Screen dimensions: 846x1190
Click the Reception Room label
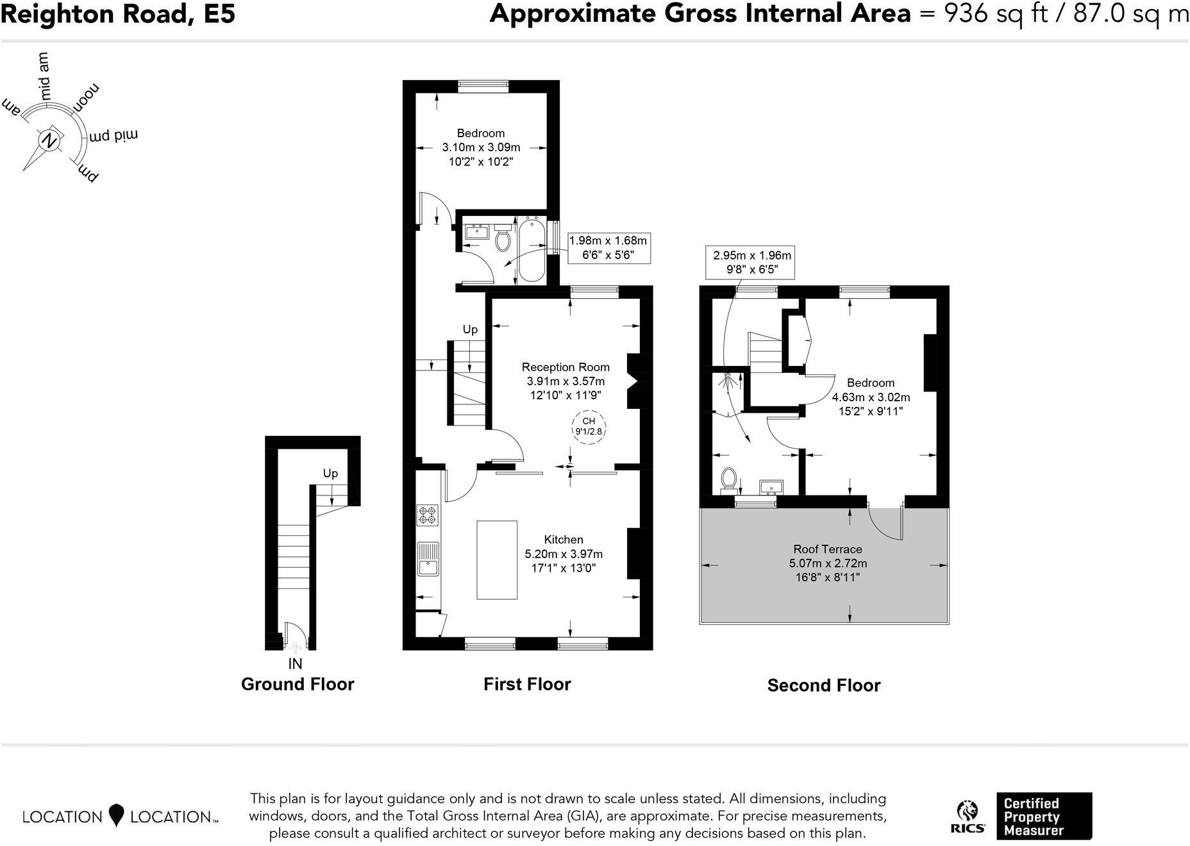click(x=565, y=367)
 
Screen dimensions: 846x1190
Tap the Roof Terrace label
click(x=827, y=549)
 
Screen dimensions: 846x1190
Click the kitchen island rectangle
click(x=497, y=560)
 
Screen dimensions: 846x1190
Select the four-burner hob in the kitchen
click(x=428, y=515)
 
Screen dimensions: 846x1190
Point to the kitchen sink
click(x=428, y=560)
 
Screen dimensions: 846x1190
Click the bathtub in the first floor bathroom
click(x=532, y=249)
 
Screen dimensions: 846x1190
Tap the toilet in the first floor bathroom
click(x=503, y=239)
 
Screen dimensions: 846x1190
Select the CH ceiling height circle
click(x=589, y=426)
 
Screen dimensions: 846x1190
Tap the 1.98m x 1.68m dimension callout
click(x=608, y=247)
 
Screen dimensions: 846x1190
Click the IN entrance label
click(x=295, y=664)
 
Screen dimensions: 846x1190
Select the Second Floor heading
click(x=823, y=685)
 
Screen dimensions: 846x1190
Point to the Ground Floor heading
click(x=297, y=684)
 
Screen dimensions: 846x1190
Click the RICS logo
click(x=968, y=817)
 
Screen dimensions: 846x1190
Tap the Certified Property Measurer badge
click(x=1043, y=817)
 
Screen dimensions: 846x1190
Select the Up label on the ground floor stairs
click(x=330, y=473)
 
